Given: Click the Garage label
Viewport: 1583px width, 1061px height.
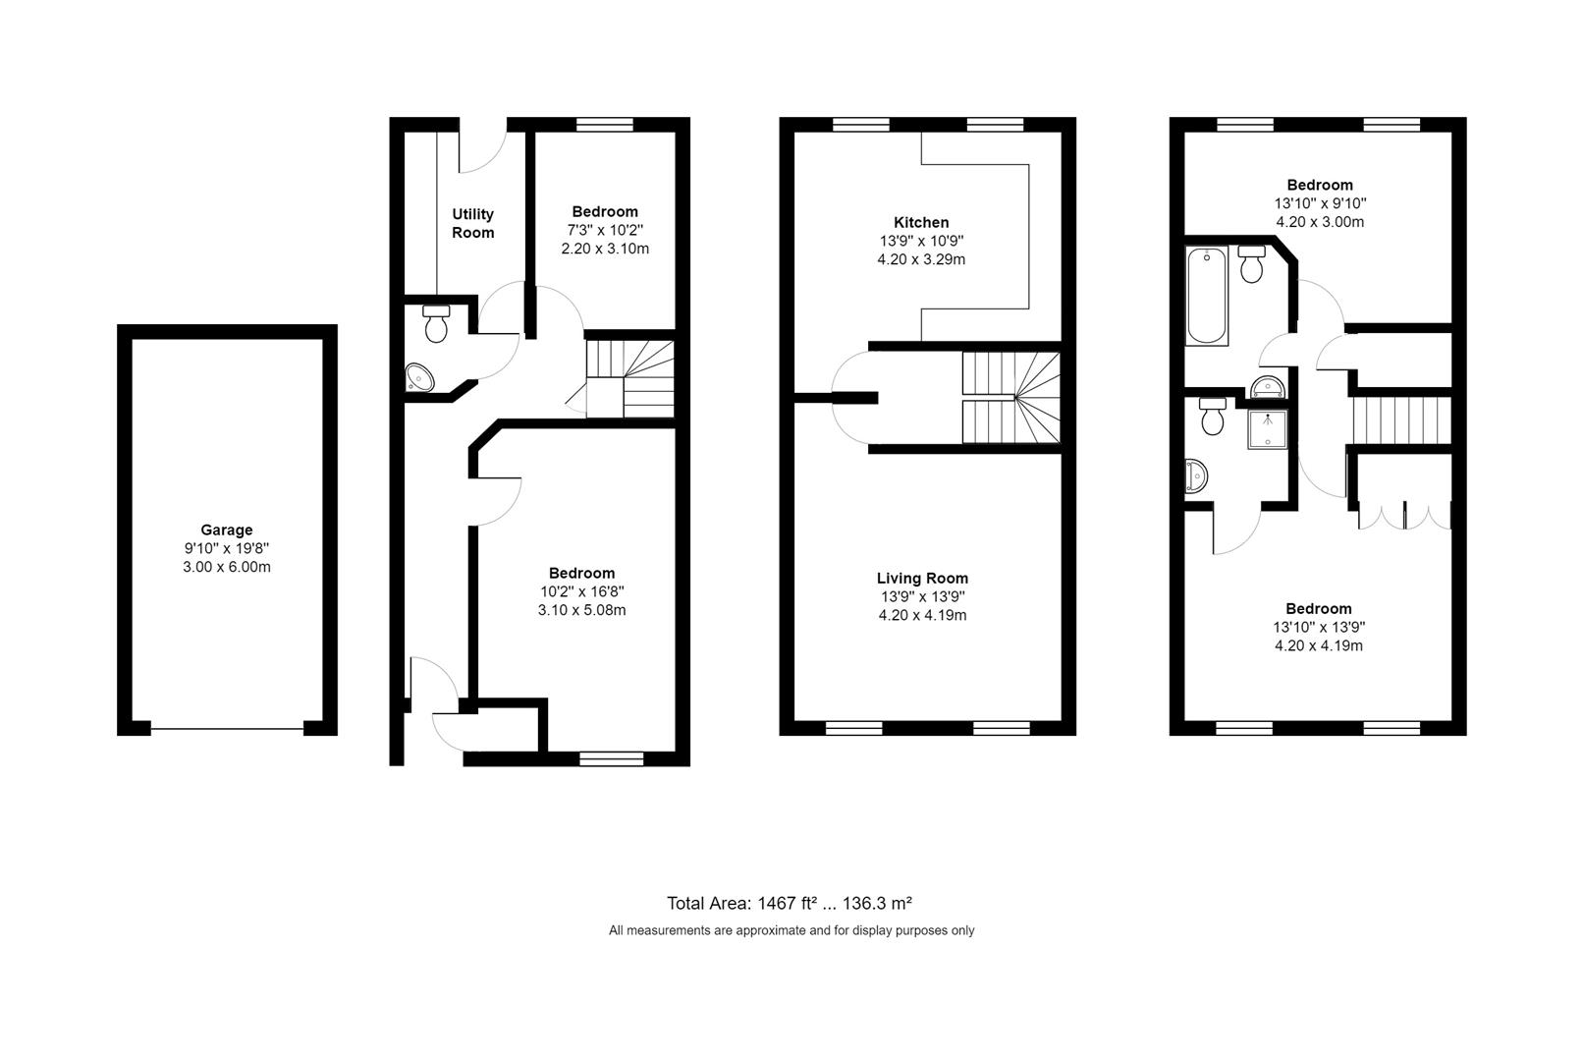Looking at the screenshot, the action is [226, 530].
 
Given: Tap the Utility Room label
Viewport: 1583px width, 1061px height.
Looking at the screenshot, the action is [472, 223].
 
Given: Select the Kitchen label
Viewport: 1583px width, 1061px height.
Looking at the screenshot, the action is [921, 222].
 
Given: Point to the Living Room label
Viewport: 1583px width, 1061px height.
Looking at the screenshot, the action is [922, 579].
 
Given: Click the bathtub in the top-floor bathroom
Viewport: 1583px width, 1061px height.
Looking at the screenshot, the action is [1206, 296].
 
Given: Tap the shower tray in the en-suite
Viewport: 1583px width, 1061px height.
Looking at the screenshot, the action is [1268, 429].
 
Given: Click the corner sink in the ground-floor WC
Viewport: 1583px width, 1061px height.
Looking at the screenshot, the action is [419, 377].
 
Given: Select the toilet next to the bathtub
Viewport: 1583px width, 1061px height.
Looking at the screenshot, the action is [1251, 263].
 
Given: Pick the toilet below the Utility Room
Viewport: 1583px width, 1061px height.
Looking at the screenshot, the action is [436, 324].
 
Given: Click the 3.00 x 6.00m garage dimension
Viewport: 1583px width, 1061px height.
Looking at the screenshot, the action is [226, 567].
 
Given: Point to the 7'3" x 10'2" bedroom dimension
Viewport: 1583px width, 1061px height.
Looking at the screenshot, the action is [605, 231].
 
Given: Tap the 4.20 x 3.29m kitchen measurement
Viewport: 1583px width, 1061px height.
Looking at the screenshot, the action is [921, 259].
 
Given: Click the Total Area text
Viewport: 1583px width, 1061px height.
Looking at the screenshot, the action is [790, 904].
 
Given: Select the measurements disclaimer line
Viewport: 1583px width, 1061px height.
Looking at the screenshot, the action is [791, 931].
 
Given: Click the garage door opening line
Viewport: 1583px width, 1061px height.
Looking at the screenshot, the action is [227, 729].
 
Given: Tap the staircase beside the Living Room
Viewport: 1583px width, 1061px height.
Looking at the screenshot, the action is [1011, 398].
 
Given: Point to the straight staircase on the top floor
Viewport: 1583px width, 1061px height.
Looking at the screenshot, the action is [1402, 420].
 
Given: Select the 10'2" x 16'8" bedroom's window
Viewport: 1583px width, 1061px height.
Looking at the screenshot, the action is [611, 759].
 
